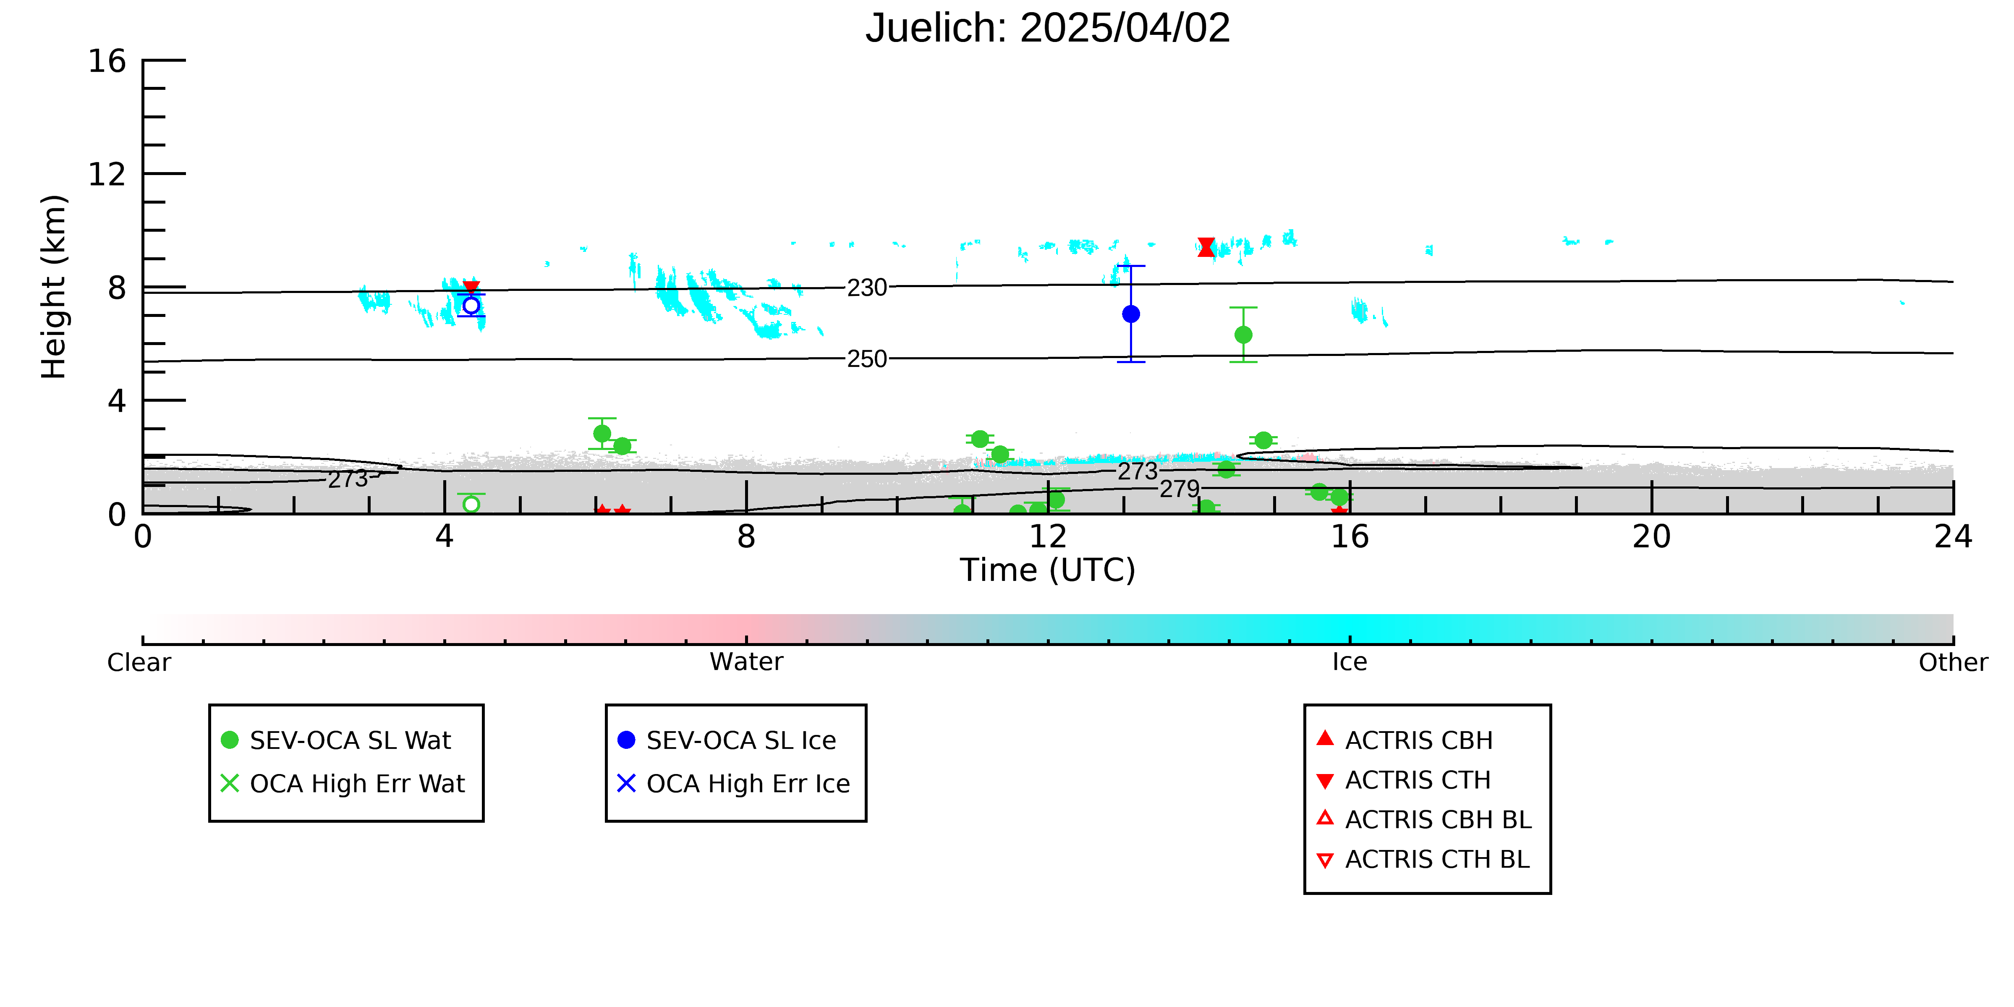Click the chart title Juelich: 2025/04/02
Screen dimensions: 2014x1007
1048,28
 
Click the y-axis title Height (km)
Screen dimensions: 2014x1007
54,287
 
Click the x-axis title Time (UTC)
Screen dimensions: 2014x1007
1048,570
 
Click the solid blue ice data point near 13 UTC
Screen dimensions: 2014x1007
1130,314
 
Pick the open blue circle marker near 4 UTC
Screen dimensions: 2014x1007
471,305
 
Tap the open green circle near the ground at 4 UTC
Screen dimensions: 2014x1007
471,504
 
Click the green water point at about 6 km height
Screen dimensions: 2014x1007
1243,335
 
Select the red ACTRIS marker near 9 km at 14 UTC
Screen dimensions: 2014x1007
1206,247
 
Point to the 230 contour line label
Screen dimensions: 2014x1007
867,288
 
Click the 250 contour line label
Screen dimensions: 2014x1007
867,359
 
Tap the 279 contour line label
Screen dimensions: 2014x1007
1179,489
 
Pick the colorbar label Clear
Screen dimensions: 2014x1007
139,662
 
